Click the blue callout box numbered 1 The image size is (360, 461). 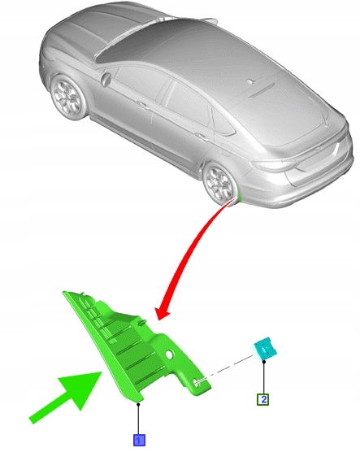pos(139,440)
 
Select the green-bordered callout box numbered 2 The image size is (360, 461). pos(262,399)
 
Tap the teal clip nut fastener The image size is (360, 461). pos(264,349)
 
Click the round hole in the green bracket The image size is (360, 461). pos(169,354)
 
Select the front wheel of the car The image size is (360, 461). pos(68,96)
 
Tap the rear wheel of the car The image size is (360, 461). pos(219,184)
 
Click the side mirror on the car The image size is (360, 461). pos(106,78)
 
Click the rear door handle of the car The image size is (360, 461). pos(202,137)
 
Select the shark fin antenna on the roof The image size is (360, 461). pos(250,81)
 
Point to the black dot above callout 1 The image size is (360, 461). pos(138,405)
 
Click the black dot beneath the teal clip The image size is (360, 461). pos(264,362)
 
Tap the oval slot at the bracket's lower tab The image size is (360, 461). pos(195,381)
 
